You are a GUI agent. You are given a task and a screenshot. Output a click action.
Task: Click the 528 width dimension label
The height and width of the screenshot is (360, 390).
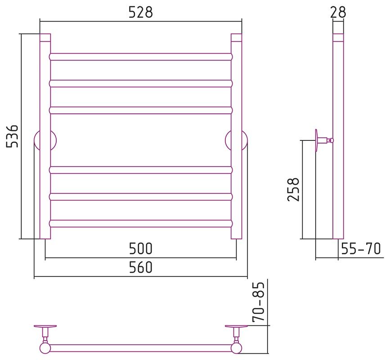point(140,12)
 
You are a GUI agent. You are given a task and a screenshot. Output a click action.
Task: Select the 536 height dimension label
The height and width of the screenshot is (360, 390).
point(12,136)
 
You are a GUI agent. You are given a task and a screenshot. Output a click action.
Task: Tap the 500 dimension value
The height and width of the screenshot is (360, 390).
point(140,248)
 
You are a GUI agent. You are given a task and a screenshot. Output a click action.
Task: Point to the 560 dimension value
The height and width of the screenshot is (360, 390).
point(140,267)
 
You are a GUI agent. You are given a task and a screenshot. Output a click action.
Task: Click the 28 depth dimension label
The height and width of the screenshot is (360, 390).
point(338,12)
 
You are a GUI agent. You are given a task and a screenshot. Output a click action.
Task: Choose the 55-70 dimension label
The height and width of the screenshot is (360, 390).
point(361,248)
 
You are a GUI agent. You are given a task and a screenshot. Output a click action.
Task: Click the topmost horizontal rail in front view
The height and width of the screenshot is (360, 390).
point(141,57)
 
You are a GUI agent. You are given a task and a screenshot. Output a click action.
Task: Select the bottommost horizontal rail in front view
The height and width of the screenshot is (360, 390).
point(141,223)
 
